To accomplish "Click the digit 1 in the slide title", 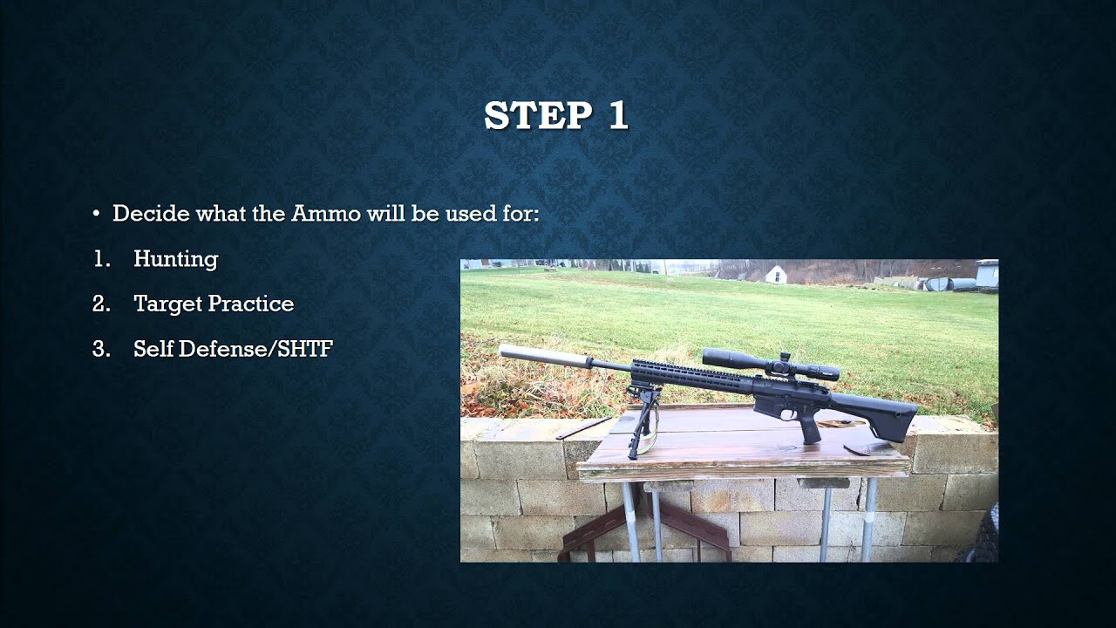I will click(x=617, y=116).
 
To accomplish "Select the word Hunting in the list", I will click(x=175, y=259).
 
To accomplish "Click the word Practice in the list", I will click(x=254, y=304).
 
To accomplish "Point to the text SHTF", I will click(x=305, y=350).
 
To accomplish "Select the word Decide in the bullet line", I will click(x=144, y=214).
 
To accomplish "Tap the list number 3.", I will click(x=100, y=350).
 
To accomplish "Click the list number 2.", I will click(x=100, y=304).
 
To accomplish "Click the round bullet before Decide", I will click(x=97, y=215).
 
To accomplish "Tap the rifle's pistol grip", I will click(x=808, y=428).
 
